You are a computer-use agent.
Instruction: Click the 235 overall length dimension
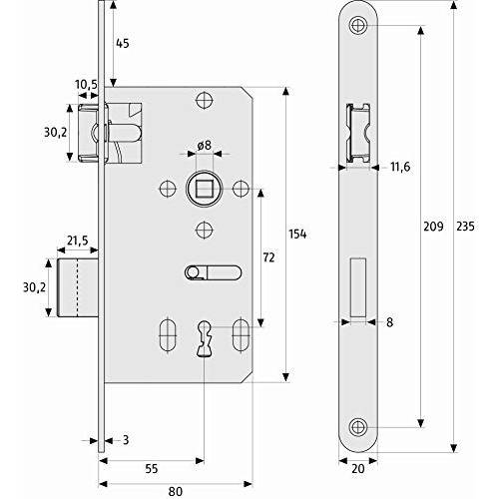(465, 227)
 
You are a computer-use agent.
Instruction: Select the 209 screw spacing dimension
(433, 227)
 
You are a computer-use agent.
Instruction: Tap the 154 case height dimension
(297, 235)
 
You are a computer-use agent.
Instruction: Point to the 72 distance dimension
(268, 257)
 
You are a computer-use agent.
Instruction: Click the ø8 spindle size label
(204, 146)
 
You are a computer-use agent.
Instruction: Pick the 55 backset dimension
(152, 469)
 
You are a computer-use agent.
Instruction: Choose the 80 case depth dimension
(176, 492)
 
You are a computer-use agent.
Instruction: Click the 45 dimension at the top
(123, 43)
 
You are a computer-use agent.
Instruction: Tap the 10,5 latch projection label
(86, 85)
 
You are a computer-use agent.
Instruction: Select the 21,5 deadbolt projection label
(78, 241)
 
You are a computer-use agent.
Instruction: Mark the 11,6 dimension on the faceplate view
(400, 167)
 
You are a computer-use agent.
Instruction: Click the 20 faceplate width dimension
(358, 469)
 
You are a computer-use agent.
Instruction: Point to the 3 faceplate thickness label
(126, 440)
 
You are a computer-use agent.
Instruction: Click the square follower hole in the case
(205, 189)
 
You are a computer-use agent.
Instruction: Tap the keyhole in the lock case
(204, 339)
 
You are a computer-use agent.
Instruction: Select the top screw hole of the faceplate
(358, 25)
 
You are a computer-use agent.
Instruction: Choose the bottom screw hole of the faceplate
(358, 427)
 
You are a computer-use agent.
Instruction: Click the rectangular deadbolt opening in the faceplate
(358, 287)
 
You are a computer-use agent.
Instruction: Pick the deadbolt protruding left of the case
(78, 287)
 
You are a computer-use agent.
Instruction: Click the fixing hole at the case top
(205, 100)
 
